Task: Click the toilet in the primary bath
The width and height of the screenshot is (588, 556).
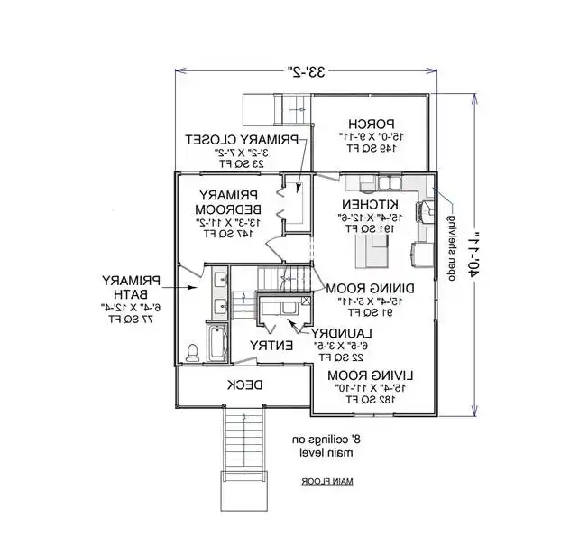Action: (192, 352)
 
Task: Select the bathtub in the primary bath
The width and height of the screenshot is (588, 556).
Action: (216, 343)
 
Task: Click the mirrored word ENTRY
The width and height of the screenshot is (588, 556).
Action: (270, 345)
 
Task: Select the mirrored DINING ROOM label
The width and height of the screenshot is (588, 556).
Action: (367, 288)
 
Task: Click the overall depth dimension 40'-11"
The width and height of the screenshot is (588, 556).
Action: (472, 254)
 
